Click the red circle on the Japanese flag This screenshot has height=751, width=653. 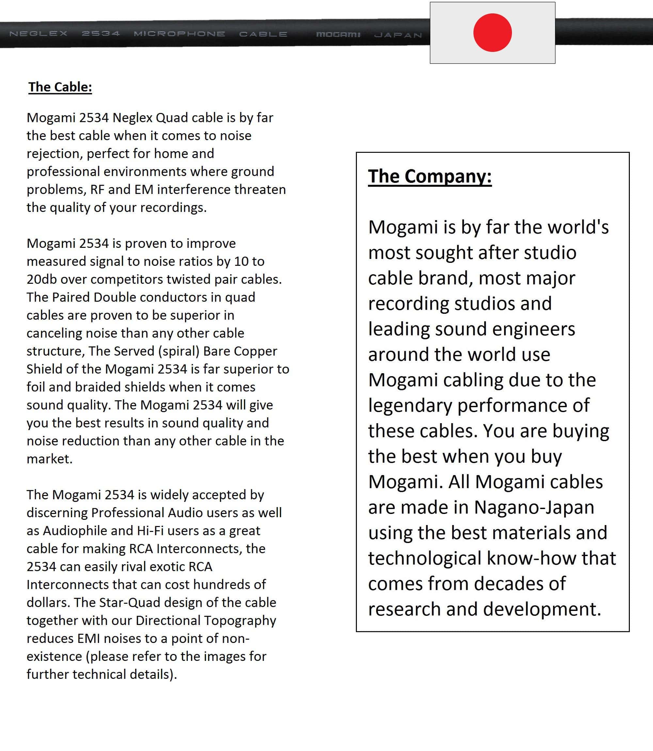pyautogui.click(x=492, y=33)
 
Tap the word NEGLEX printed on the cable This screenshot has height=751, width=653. pyautogui.click(x=39, y=34)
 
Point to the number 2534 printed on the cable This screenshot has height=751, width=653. pyautogui.click(x=101, y=34)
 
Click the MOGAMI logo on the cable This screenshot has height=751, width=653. pyautogui.click(x=338, y=35)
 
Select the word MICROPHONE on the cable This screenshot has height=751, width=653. pyautogui.click(x=179, y=34)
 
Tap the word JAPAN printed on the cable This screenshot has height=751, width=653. pyautogui.click(x=398, y=35)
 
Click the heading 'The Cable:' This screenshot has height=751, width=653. pyautogui.click(x=60, y=87)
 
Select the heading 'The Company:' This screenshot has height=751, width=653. pyautogui.click(x=430, y=176)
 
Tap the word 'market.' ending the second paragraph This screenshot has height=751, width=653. pyautogui.click(x=50, y=459)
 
